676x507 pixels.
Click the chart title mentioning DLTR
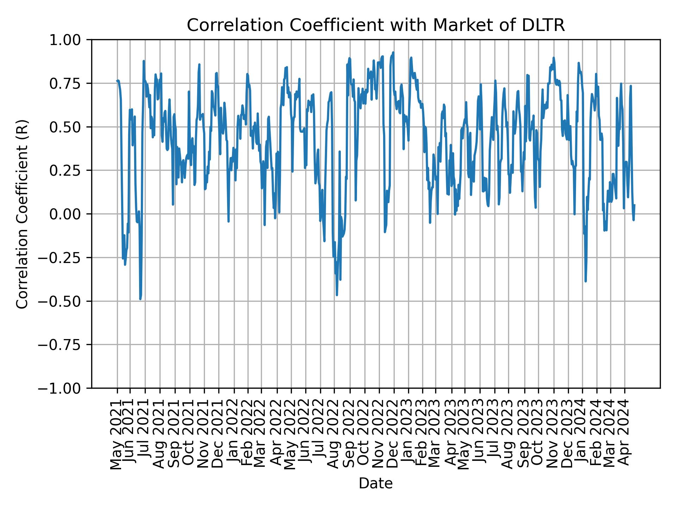coord(375,26)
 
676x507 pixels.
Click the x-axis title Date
coord(375,484)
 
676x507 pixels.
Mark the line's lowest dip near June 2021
coord(140,299)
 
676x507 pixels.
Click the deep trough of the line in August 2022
coord(337,295)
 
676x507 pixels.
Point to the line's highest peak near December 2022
coord(393,53)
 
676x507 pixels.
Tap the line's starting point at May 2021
coord(117,81)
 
